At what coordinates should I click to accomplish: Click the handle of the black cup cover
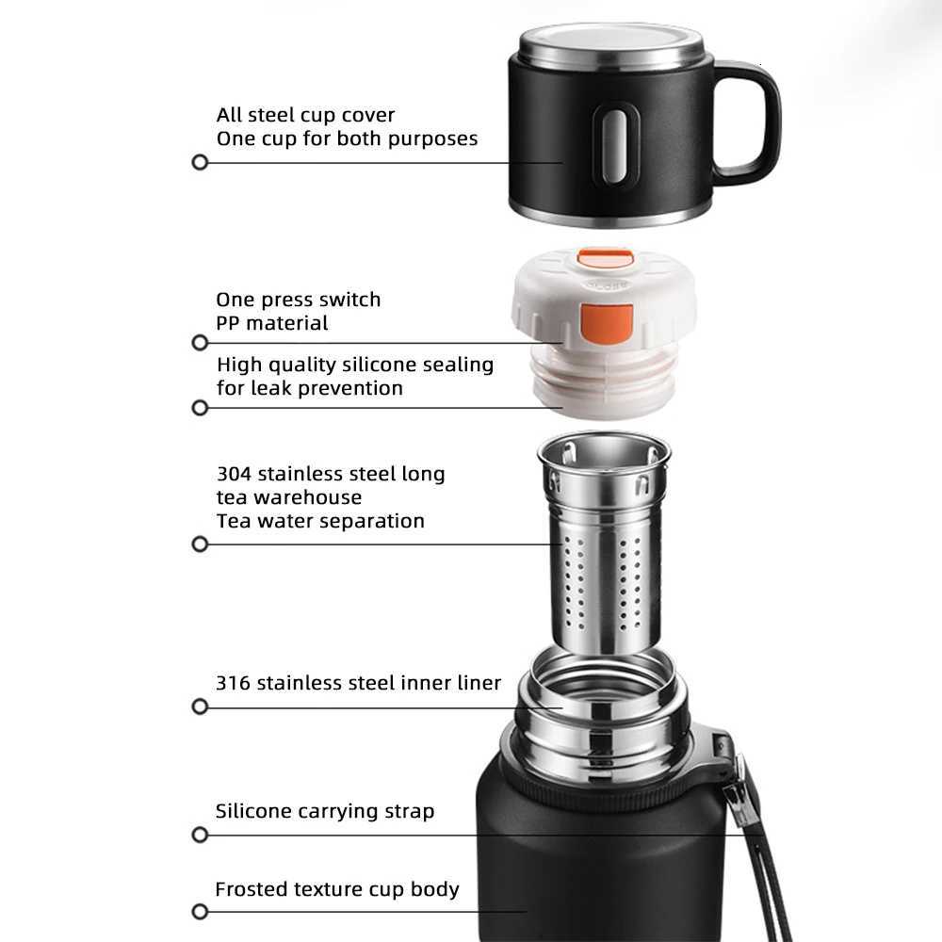tap(754, 122)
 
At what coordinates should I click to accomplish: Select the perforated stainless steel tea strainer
tap(604, 546)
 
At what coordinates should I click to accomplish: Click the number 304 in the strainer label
tap(235, 474)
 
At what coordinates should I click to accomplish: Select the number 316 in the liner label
tap(233, 683)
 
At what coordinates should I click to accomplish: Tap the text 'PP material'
tap(272, 323)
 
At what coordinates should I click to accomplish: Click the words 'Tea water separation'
tap(320, 521)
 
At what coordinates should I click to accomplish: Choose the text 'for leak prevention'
tap(310, 388)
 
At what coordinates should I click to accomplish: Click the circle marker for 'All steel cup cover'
tap(200, 162)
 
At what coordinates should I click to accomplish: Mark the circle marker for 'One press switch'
tap(200, 343)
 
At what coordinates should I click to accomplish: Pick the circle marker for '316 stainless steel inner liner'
tap(200, 706)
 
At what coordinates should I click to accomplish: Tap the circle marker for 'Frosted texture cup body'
tap(200, 911)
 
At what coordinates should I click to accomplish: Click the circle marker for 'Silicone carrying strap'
tap(200, 835)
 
